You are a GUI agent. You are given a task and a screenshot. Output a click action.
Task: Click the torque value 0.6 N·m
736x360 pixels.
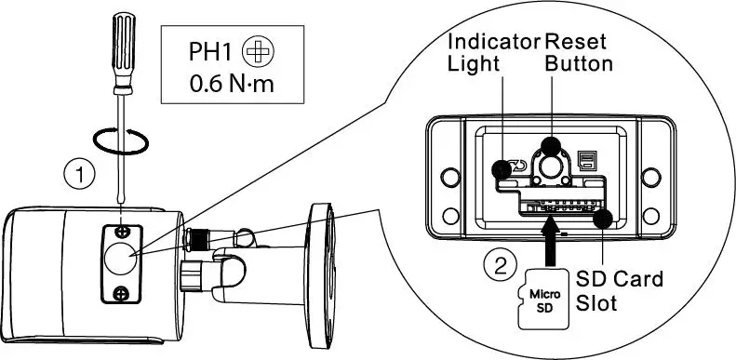click(234, 87)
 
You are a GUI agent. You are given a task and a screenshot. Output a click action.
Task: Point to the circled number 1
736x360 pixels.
click(81, 172)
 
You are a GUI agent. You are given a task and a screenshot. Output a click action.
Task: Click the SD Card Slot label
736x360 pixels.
click(619, 289)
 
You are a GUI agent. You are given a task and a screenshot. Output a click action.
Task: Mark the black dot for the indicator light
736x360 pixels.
click(502, 168)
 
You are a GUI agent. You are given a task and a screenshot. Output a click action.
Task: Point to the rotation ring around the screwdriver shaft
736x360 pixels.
click(120, 140)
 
